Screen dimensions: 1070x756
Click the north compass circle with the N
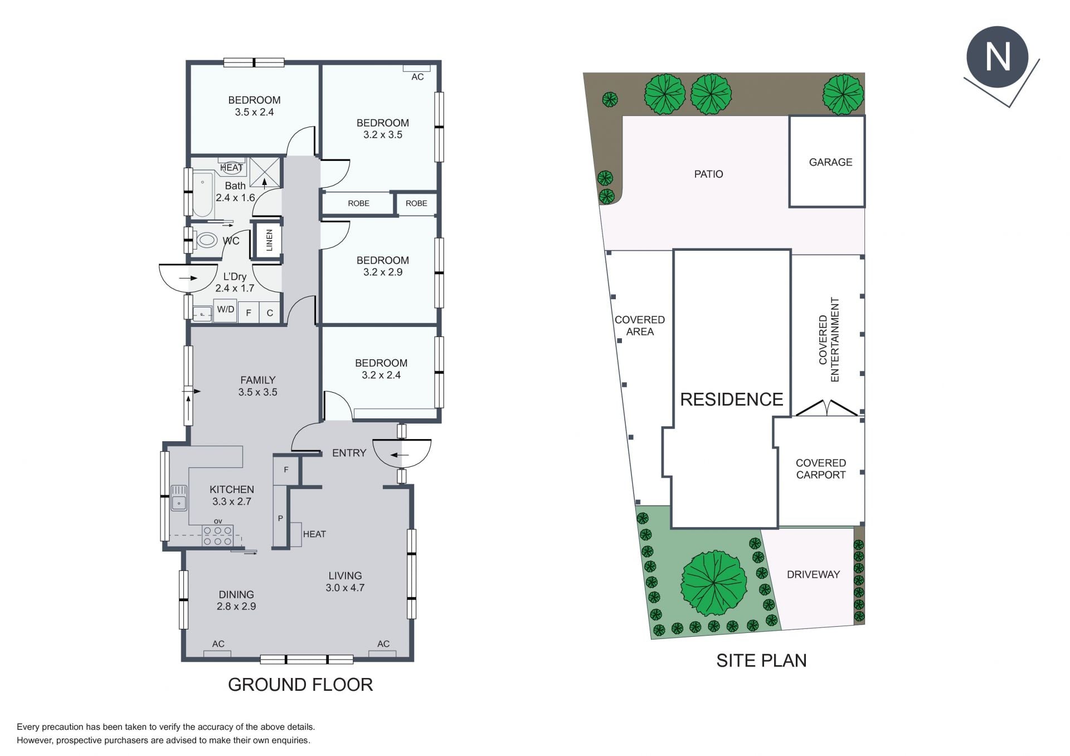click(x=997, y=56)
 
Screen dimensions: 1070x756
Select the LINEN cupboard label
click(x=269, y=240)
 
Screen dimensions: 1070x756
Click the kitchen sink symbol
click(x=179, y=498)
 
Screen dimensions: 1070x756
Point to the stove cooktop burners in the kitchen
click(x=217, y=535)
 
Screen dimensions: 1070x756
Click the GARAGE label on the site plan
click(x=830, y=162)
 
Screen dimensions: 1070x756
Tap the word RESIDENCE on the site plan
click(x=732, y=399)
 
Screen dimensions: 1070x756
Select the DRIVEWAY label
click(x=813, y=574)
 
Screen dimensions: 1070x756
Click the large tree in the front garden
click(x=714, y=583)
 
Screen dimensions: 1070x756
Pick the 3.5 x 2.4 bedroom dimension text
click(x=254, y=112)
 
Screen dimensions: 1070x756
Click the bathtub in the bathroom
click(x=203, y=194)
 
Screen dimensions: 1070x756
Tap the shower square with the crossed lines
click(x=264, y=172)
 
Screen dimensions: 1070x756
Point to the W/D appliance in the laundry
click(x=226, y=310)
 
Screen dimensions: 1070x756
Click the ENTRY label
click(x=349, y=453)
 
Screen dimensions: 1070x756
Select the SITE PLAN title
click(x=761, y=660)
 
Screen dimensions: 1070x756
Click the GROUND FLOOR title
click(x=300, y=685)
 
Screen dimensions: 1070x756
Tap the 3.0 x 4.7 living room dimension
click(x=345, y=588)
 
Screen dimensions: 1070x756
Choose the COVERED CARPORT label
click(x=821, y=469)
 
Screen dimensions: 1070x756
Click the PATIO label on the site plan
click(x=708, y=174)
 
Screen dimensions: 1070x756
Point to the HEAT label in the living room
click(x=314, y=534)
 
